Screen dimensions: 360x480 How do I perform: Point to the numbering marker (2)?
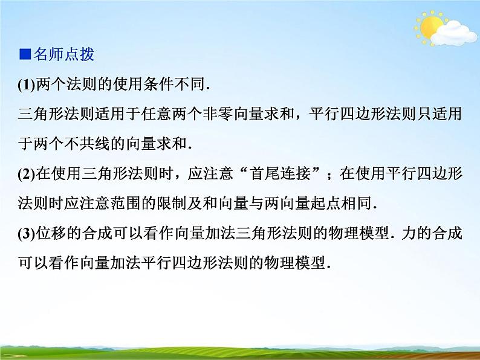tap(27, 175)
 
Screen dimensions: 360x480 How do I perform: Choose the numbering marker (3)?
tap(27, 234)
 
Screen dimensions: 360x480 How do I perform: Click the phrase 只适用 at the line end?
tap(441, 115)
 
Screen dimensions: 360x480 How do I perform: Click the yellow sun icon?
tap(430, 27)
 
